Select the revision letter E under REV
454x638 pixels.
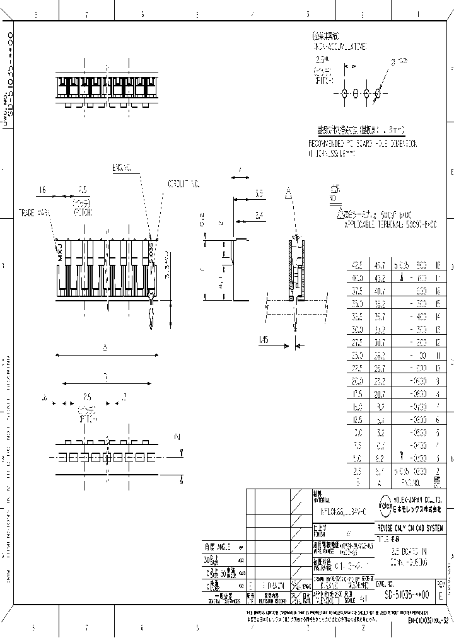[x=440, y=594]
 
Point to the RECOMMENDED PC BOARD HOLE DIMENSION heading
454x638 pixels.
[x=363, y=143]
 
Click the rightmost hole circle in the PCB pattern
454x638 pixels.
[x=378, y=94]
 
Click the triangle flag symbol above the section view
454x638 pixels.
[x=287, y=193]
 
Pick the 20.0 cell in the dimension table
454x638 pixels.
[x=357, y=381]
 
